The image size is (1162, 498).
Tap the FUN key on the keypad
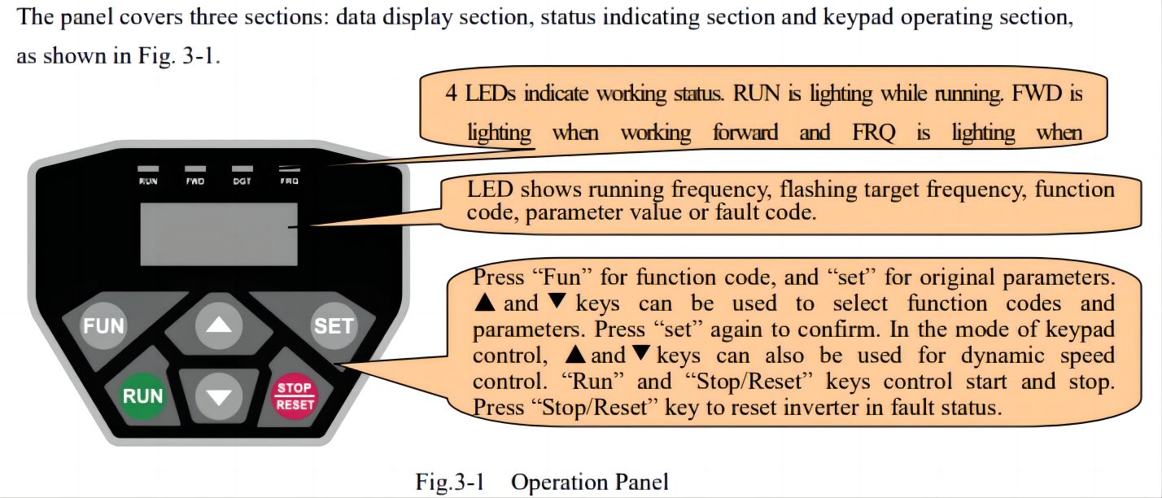pyautogui.click(x=105, y=326)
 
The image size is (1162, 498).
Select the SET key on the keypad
pyautogui.click(x=334, y=325)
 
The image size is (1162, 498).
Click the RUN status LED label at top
pyautogui.click(x=148, y=181)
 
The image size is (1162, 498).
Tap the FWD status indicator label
pyautogui.click(x=195, y=181)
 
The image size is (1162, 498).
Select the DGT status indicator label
pyautogui.click(x=242, y=181)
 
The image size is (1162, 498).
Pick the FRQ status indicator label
pyautogui.click(x=289, y=181)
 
